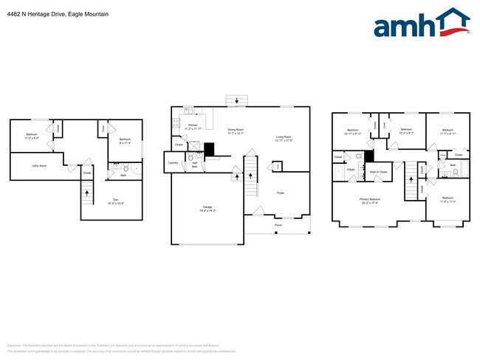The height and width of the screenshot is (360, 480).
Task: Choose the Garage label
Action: click(x=208, y=208)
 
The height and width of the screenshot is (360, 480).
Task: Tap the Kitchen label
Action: click(x=193, y=126)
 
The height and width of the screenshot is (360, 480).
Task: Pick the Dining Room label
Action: click(x=236, y=131)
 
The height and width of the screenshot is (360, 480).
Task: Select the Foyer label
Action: click(x=281, y=193)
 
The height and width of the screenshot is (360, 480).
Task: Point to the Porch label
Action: click(x=278, y=224)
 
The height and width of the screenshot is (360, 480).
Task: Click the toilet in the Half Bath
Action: click(x=191, y=158)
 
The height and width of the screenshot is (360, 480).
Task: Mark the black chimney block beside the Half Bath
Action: click(x=208, y=149)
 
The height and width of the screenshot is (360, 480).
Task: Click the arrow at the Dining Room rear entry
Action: click(x=237, y=101)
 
